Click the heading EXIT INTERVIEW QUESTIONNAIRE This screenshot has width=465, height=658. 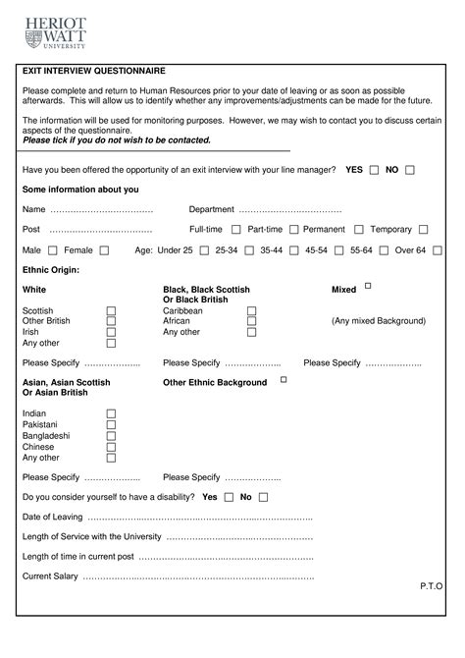coord(94,72)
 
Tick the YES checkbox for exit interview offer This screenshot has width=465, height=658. coord(374,170)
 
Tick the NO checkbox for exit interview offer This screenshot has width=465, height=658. coord(410,170)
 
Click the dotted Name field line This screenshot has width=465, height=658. coord(101,210)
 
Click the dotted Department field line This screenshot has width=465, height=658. coord(289,210)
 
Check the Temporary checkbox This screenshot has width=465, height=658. coord(423,230)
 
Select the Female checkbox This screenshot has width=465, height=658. coord(104,250)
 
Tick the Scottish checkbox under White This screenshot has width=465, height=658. coord(111,311)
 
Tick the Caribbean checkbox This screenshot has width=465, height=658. coord(252,311)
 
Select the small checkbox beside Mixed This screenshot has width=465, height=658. coord(368,287)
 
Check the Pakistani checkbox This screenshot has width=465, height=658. coord(111,424)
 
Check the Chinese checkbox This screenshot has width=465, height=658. coord(111,447)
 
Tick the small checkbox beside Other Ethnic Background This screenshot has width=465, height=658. coord(284,379)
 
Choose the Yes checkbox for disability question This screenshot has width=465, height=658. coord(229,497)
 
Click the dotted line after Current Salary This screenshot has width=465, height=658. coord(196,576)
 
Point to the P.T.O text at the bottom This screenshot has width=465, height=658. coord(431,585)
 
